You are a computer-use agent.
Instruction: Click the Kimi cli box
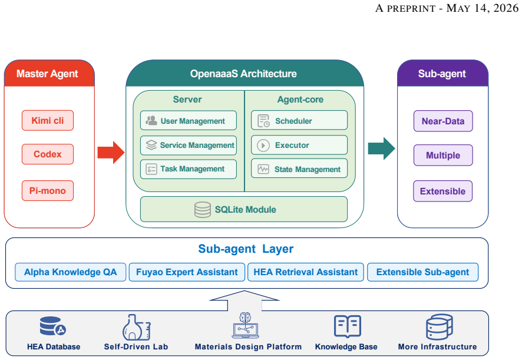(48, 120)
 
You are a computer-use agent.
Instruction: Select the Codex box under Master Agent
(48, 154)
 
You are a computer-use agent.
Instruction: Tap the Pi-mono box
(48, 191)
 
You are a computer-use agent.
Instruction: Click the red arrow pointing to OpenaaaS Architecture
(111, 153)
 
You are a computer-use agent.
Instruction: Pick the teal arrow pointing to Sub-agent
(382, 148)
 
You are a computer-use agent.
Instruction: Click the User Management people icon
(151, 121)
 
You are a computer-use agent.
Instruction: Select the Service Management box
(189, 145)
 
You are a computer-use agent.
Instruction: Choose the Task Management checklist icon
(151, 169)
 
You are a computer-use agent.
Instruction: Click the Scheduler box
(299, 120)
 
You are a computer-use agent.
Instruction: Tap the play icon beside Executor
(263, 146)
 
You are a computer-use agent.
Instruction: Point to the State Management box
(299, 169)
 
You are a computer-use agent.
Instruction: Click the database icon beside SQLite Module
(203, 210)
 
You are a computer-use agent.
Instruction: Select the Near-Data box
(443, 121)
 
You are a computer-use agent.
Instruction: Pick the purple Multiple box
(443, 155)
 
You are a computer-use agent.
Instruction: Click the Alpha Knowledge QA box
(71, 272)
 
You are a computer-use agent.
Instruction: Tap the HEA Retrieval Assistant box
(306, 272)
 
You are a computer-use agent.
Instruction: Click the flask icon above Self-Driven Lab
(137, 328)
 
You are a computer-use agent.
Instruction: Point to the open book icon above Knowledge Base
(348, 326)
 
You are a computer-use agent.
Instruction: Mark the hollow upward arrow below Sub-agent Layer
(245, 300)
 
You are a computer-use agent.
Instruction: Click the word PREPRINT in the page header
(411, 8)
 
